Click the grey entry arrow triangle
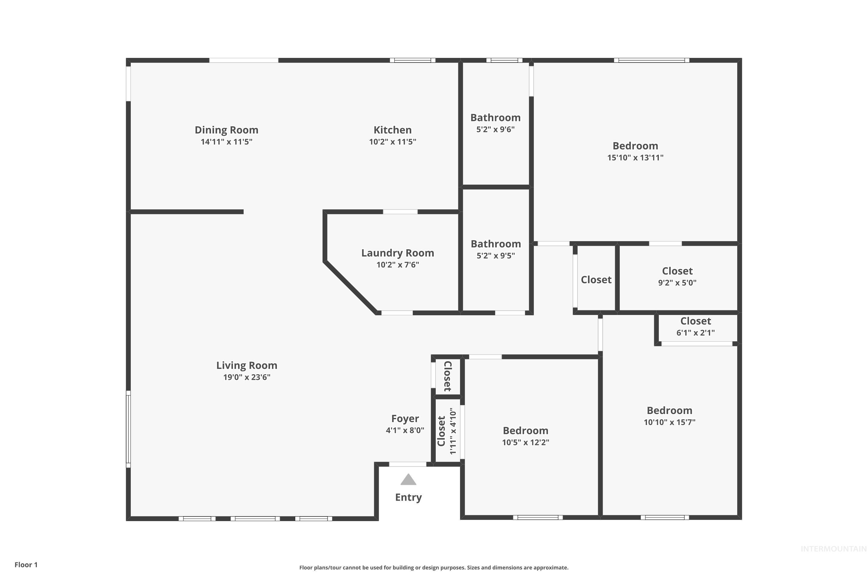(x=408, y=480)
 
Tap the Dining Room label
(x=226, y=130)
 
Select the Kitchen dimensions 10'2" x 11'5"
(x=392, y=142)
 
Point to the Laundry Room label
(x=398, y=253)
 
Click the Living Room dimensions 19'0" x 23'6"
(x=247, y=377)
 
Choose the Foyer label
(x=405, y=418)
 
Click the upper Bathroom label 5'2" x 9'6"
(x=495, y=118)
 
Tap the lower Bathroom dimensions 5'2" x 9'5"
(x=496, y=256)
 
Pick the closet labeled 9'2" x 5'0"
(x=677, y=271)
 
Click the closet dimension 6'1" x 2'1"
(x=695, y=333)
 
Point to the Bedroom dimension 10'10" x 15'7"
(x=670, y=422)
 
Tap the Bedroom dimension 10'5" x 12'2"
(x=525, y=442)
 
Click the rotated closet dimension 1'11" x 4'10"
(x=453, y=431)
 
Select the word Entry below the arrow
(x=408, y=497)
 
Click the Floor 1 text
(x=26, y=565)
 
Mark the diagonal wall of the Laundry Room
(x=351, y=287)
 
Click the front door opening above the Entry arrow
(x=407, y=464)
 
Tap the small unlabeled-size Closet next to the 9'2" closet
(x=596, y=280)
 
